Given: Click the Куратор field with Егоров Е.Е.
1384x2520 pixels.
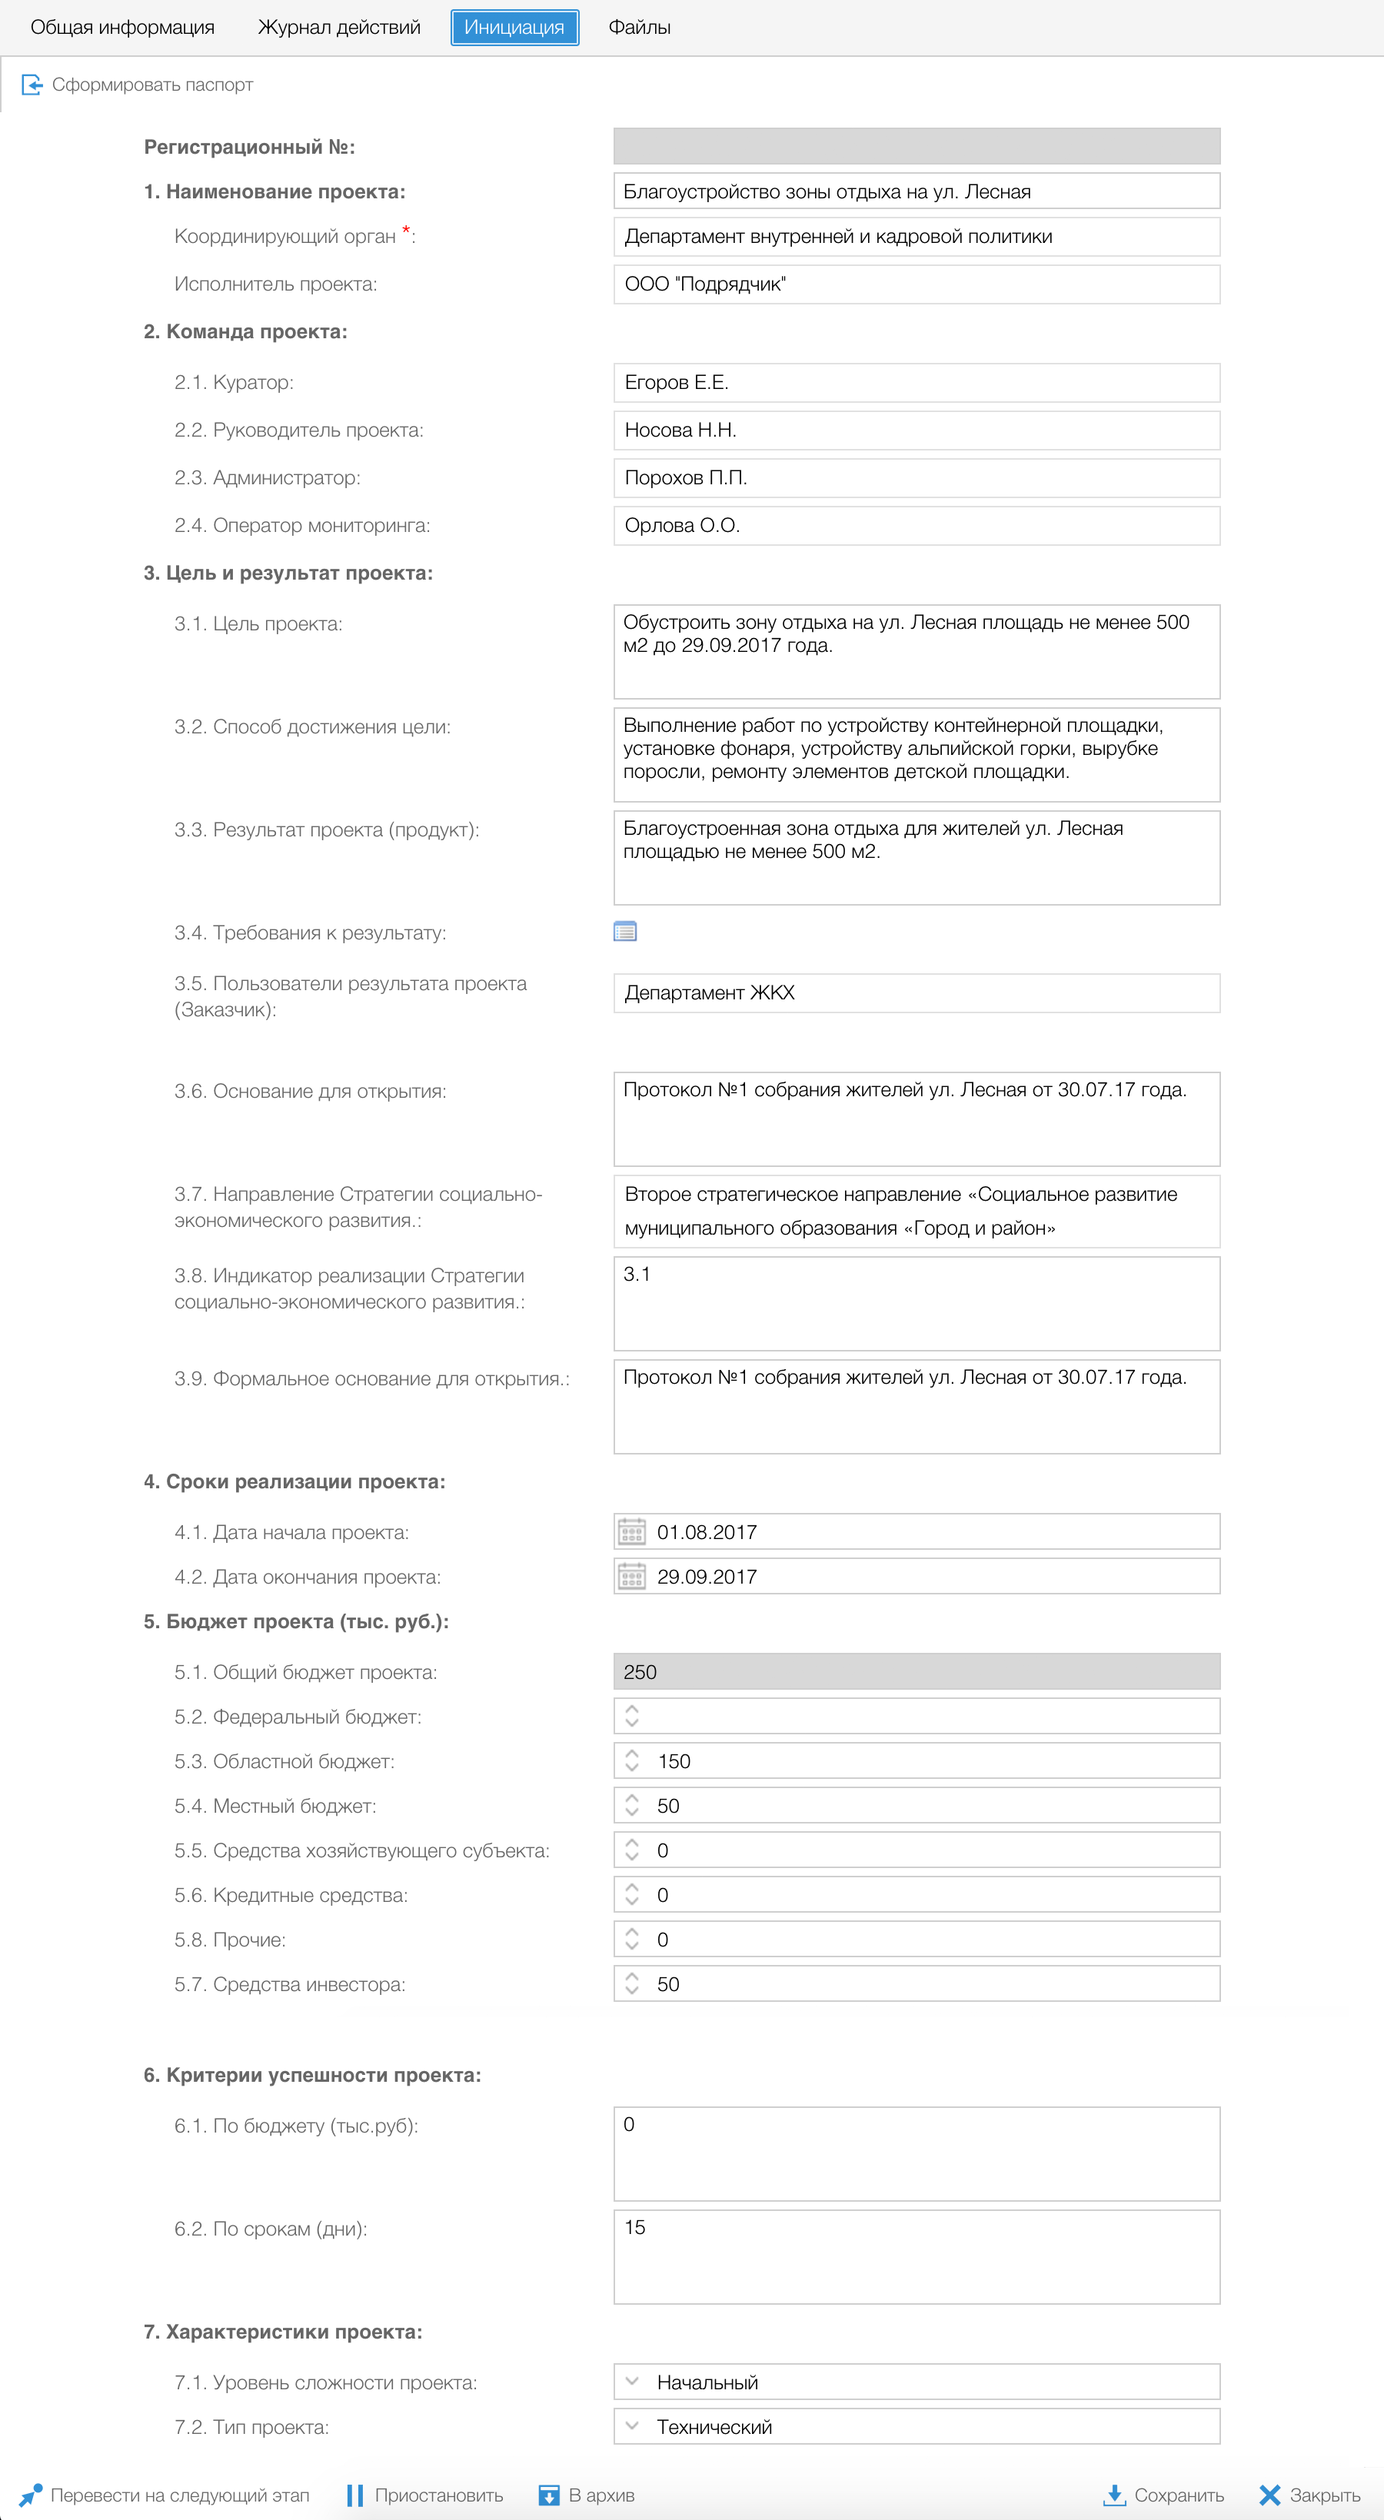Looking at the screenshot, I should pyautogui.click(x=916, y=383).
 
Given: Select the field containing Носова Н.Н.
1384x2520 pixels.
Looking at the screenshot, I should pyautogui.click(x=916, y=431).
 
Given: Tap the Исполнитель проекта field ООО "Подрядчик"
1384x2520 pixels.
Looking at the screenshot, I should pyautogui.click(x=916, y=284).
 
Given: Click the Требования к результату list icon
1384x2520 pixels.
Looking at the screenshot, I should pyautogui.click(x=625, y=931).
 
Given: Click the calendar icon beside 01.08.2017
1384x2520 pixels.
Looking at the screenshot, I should pyautogui.click(x=632, y=1532).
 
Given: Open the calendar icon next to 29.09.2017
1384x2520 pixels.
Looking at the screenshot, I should pyautogui.click(x=632, y=1577).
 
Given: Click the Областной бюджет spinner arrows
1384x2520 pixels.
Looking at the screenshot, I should pyautogui.click(x=632, y=1761).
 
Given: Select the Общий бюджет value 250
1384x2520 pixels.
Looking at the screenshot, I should pyautogui.click(x=916, y=1672).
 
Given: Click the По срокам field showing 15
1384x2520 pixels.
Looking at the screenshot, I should pyautogui.click(x=916, y=2256).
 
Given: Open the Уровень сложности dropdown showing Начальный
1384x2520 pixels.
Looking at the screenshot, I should pyautogui.click(x=916, y=2382).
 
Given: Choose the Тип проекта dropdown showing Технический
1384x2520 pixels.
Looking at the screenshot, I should pyautogui.click(x=916, y=2427).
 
